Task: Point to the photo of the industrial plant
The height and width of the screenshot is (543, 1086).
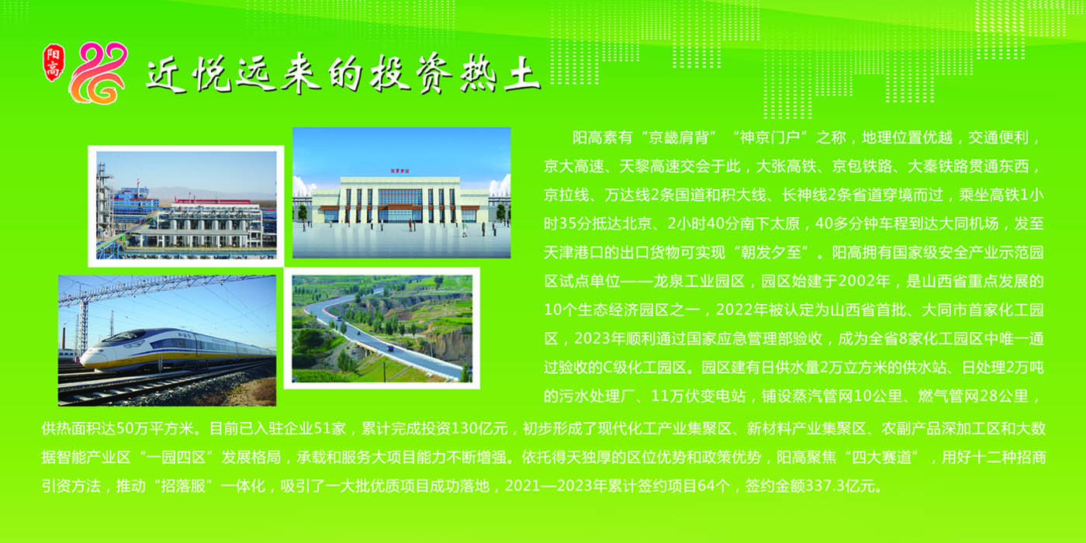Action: pyautogui.click(x=186, y=205)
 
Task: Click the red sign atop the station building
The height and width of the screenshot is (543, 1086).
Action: pyautogui.click(x=400, y=170)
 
